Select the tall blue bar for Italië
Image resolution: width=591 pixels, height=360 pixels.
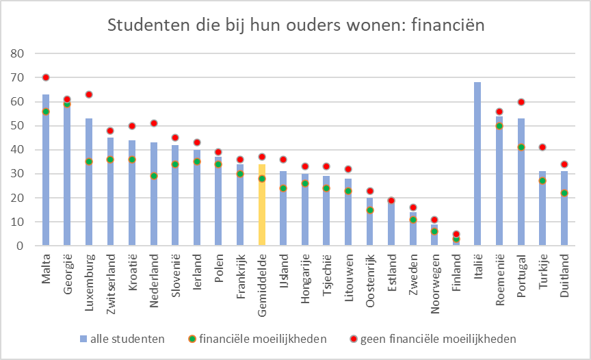pos(477,164)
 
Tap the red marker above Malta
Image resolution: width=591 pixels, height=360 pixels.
pos(46,77)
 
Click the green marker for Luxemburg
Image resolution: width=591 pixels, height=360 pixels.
pos(89,162)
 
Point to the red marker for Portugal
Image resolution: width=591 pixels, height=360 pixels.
pos(521,102)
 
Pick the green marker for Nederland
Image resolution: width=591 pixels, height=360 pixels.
pos(154,176)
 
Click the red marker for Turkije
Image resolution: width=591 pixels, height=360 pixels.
pos(543,147)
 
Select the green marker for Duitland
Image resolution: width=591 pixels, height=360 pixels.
pos(564,193)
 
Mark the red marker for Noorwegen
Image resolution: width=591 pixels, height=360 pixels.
pos(434,220)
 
